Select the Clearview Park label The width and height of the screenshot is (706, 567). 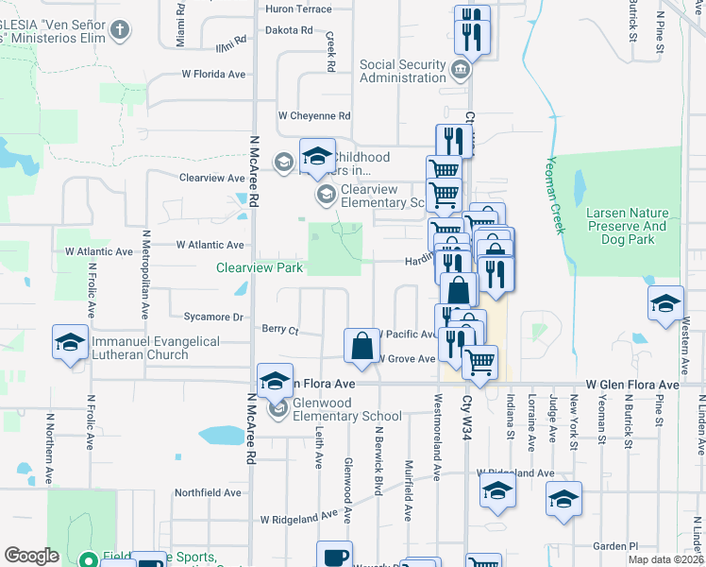point(260,268)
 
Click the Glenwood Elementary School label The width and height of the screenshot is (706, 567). point(347,410)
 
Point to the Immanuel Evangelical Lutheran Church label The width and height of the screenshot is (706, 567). point(156,348)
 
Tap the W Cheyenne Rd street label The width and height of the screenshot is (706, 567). point(313,116)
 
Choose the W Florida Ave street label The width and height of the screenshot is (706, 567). point(213,74)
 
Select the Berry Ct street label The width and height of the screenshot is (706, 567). point(280,331)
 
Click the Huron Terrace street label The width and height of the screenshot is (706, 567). point(300,9)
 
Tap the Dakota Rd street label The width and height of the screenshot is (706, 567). point(288,30)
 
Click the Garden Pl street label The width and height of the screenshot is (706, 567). point(615,546)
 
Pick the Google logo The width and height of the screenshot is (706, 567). point(31,556)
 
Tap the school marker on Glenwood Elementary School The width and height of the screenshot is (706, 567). point(278,410)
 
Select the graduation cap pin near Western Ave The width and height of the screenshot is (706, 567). point(665,303)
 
